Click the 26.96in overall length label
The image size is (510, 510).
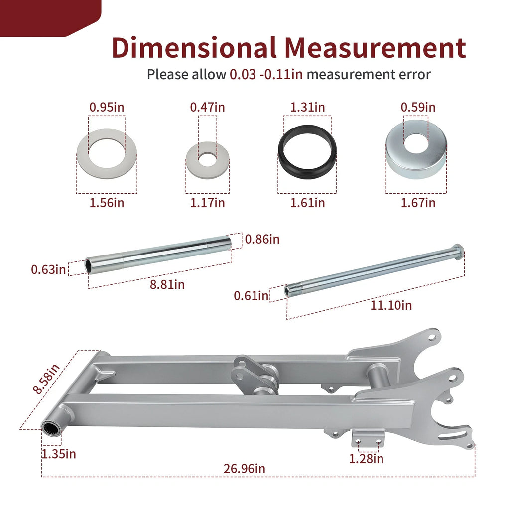point(244,469)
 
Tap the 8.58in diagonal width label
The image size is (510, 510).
point(47,379)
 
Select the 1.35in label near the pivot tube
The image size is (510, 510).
point(59,454)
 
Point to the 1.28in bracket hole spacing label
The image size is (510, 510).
point(366,459)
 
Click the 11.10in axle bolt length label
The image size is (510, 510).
point(391,305)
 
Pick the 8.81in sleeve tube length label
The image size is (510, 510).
point(167,284)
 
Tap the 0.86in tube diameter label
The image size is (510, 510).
point(262,239)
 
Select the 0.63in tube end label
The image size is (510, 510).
point(48,269)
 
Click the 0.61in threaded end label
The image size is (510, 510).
point(251,296)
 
